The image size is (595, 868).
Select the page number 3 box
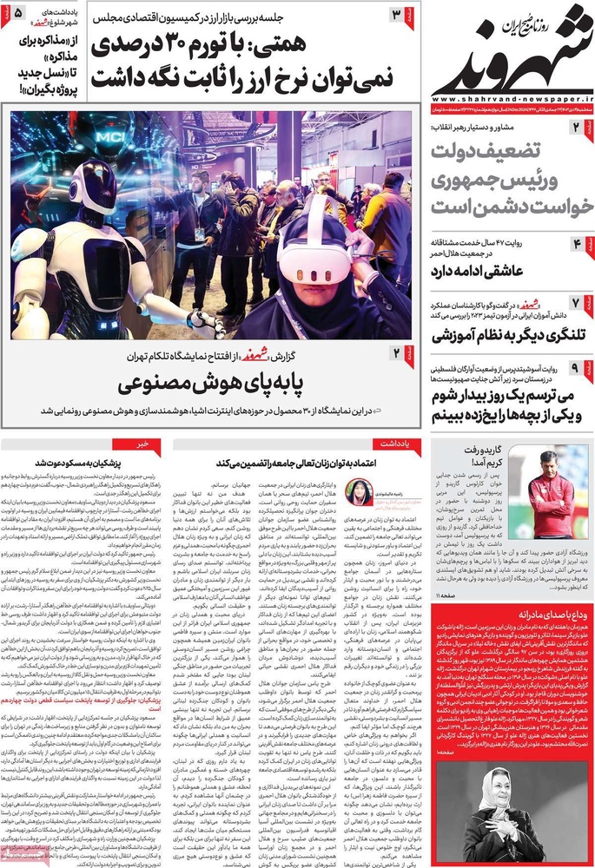[397, 15]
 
